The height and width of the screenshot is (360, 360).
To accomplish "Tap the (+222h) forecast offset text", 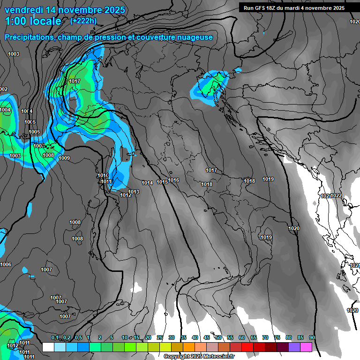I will (83, 21).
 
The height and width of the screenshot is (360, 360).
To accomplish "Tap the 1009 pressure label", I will (64, 158).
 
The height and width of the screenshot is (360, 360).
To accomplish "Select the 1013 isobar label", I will (134, 192).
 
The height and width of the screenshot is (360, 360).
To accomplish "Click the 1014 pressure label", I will (147, 183).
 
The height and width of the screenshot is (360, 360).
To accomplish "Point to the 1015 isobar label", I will (162, 182).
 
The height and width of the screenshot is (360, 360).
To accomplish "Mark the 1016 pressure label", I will (174, 180).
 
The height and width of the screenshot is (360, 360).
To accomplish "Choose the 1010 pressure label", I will (103, 175).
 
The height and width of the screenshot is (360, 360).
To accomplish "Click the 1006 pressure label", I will (6, 265).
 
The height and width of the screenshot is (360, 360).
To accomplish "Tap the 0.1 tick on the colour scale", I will (55, 338).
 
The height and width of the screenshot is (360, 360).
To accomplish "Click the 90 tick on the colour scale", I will (312, 338).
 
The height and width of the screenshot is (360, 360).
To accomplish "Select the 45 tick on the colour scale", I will (207, 338).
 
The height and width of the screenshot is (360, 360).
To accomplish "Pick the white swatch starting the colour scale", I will (48, 347).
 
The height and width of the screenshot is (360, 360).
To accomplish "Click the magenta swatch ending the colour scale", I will (306, 347).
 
